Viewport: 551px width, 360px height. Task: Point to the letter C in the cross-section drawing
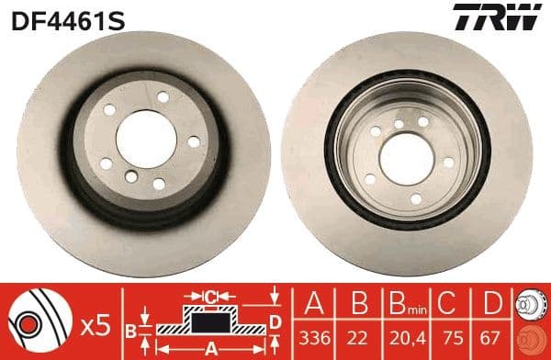209,296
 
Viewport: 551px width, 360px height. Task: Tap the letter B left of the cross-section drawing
131,329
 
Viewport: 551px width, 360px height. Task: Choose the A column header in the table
314,304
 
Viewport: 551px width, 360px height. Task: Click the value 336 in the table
314,339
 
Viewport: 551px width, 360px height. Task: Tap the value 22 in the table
357,339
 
